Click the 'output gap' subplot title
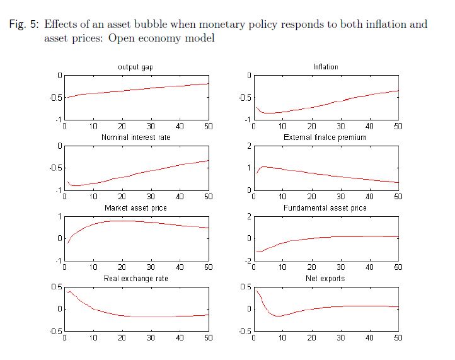pos(135,67)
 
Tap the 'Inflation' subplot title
pos(325,67)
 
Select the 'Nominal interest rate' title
pos(135,137)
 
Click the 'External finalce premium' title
pos(325,137)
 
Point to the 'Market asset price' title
pos(135,208)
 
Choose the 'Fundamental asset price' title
pos(325,208)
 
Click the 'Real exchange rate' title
pos(135,279)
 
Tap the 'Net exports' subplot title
pos(325,279)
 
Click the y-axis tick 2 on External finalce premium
pos(248,146)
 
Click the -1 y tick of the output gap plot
pos(57,120)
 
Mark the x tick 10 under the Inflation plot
pos(282,127)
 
